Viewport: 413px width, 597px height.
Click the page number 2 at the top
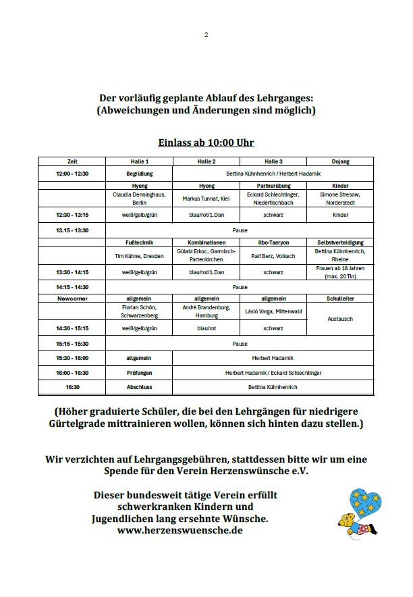(x=206, y=35)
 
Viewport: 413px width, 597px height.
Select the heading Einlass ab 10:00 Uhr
(x=206, y=142)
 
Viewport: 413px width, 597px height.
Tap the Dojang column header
(x=340, y=161)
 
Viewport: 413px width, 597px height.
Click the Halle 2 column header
(x=206, y=161)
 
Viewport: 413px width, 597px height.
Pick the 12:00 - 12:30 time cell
(x=72, y=174)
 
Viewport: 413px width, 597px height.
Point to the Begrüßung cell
(x=140, y=174)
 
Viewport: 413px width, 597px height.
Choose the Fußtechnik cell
(x=140, y=242)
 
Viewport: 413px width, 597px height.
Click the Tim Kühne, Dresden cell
(x=140, y=256)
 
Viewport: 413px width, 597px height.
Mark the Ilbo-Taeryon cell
(x=273, y=242)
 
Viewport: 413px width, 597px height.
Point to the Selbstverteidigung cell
(x=340, y=242)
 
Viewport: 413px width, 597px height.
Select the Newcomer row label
(x=72, y=298)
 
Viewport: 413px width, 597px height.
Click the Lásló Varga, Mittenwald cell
(x=273, y=311)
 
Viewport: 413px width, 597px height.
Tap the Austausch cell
(x=340, y=319)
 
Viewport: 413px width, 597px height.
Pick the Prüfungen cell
(x=140, y=372)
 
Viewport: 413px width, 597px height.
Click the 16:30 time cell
(x=72, y=387)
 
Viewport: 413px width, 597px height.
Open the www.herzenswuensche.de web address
(x=180, y=530)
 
